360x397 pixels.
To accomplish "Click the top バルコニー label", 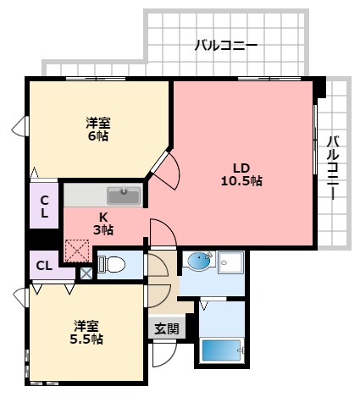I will tap(225, 45).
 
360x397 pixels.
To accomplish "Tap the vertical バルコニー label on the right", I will tap(333, 167).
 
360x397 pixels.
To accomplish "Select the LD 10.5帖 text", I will tap(241, 174).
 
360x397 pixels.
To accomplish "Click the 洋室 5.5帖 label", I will tap(87, 332).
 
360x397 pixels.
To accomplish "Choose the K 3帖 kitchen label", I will tap(104, 223).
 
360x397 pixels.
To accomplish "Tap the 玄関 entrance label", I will tap(166, 328).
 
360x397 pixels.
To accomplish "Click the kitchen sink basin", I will tap(128, 195).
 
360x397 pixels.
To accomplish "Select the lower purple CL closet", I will tap(44, 266).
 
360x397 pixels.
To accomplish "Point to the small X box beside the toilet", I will tap(86, 273).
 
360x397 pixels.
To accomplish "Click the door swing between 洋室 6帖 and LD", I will tap(166, 172).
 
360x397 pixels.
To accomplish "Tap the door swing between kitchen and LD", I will tap(162, 232).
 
